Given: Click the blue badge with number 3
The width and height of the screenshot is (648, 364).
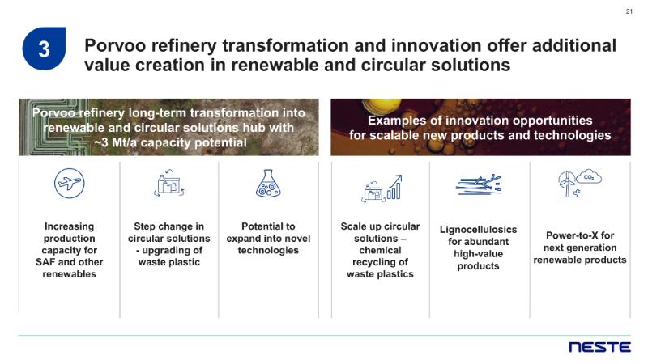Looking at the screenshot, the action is (44, 49).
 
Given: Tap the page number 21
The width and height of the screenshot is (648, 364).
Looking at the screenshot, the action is (629, 11).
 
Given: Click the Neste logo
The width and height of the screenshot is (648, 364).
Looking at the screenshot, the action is (599, 347).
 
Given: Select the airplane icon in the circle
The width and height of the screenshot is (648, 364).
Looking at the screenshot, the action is (70, 184).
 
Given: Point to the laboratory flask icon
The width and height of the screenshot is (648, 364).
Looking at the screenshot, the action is (268, 184).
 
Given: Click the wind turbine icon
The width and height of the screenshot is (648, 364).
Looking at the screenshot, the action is (567, 184).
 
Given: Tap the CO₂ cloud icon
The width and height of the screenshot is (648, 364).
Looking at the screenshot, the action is (589, 177).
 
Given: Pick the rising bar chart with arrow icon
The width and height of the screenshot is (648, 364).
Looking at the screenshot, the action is (394, 187).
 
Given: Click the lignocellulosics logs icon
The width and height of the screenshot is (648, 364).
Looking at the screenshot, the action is (479, 184).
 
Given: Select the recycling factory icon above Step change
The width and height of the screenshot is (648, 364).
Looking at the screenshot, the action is (169, 184).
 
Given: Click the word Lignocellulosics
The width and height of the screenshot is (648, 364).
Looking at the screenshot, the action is (478, 230).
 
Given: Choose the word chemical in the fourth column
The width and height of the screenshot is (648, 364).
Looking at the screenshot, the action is (380, 250).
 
